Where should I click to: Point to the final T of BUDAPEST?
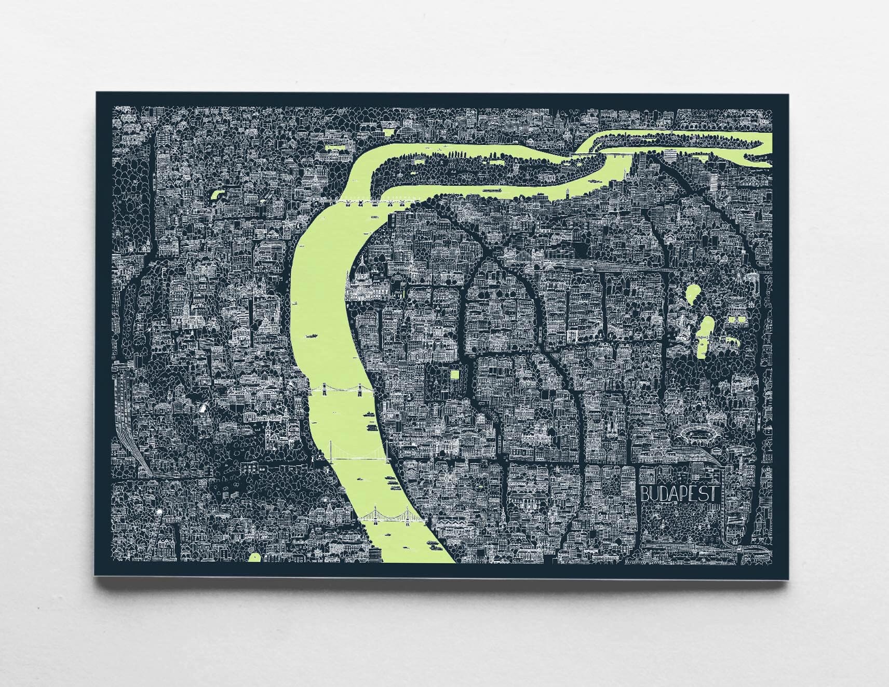coord(715,493)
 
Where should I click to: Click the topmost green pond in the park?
coord(693,294)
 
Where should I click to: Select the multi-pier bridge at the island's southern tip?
coord(363,203)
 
